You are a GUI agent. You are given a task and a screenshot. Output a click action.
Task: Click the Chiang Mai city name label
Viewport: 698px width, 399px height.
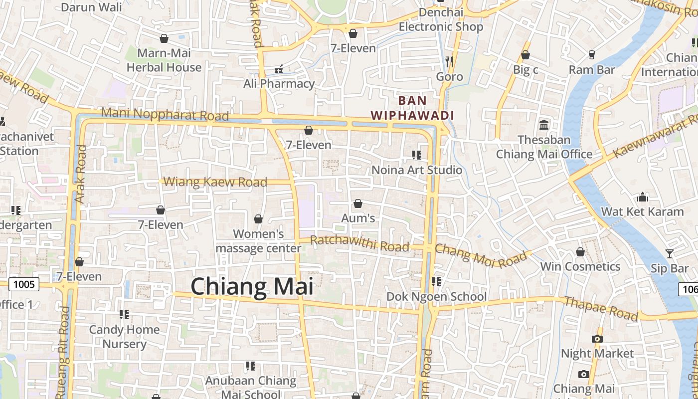252,287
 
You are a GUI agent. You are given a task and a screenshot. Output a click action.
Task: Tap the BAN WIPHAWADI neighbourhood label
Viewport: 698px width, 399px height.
412,108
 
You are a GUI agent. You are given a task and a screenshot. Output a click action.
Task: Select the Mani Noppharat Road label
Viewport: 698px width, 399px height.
165,114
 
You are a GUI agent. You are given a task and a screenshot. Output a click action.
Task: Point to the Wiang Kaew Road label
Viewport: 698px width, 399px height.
215,182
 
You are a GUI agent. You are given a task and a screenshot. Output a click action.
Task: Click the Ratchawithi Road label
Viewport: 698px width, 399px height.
359,243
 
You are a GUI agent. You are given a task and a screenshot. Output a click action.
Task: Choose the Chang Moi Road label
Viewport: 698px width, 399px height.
481,255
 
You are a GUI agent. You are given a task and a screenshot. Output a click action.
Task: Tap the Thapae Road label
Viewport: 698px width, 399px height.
601,308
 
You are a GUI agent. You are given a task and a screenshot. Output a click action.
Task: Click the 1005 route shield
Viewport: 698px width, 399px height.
24,284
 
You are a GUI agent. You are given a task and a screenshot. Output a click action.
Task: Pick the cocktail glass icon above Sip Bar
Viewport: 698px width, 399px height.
669,254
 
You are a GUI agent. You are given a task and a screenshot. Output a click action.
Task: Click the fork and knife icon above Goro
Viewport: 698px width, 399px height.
449,61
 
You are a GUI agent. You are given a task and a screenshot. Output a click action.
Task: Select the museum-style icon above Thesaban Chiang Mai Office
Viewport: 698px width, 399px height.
544,124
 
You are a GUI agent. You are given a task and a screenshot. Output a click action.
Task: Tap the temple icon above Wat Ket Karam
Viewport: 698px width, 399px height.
642,197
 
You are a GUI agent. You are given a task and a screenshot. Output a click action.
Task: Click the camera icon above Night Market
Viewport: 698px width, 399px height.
597,339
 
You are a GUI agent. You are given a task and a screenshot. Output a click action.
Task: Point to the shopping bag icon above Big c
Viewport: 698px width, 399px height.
525,55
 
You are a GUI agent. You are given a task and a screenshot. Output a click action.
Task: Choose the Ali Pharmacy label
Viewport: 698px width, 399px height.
279,83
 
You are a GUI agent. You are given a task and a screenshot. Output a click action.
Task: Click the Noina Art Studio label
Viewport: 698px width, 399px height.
417,170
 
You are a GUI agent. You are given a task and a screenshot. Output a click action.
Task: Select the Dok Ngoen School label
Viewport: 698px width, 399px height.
436,297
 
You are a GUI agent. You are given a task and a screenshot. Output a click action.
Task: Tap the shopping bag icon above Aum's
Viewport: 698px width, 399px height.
357,203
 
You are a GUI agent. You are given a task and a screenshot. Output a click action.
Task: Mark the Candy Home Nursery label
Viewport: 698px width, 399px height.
124,337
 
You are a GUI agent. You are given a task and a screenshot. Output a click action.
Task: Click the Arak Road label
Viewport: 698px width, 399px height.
81,174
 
